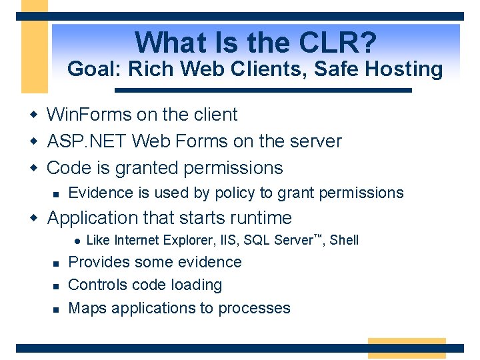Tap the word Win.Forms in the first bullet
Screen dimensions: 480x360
coord(89,115)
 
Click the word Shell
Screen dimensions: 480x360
coord(344,240)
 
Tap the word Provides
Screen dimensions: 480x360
coord(97,262)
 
